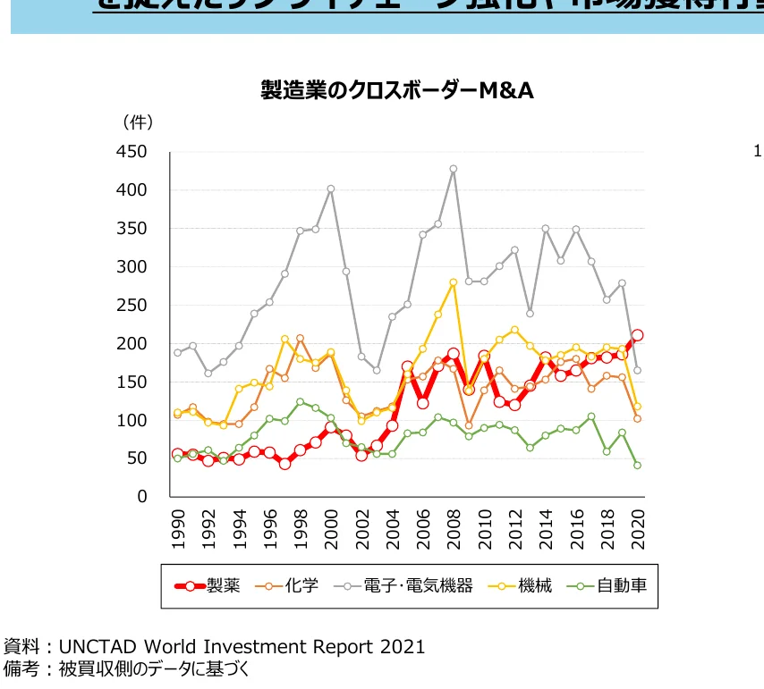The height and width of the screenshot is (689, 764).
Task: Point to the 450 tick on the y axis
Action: (x=131, y=153)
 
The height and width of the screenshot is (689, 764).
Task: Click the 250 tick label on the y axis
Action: (x=131, y=306)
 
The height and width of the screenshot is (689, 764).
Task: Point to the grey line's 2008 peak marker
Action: (x=454, y=169)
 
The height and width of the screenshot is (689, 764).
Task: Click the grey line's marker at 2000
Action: (x=331, y=189)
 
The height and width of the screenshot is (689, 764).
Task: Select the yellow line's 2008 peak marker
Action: (x=454, y=282)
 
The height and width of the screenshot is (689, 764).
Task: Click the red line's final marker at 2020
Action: (x=637, y=335)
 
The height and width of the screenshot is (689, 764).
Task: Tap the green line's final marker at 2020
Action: (x=637, y=466)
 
